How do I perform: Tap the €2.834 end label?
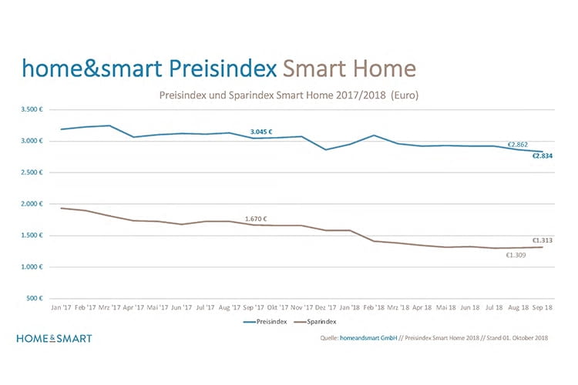click(x=541, y=156)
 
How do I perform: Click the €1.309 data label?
click(x=516, y=255)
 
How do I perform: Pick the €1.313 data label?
click(x=543, y=240)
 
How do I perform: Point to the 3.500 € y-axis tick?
click(x=33, y=110)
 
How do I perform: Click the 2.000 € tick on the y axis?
click(x=33, y=204)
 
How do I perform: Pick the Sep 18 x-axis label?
click(x=541, y=307)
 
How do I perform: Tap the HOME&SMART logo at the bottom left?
click(x=54, y=338)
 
